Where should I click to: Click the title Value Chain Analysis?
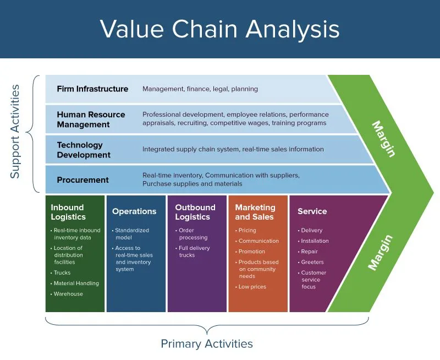click(219, 29)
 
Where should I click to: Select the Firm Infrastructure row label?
click(92, 89)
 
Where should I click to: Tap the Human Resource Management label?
click(91, 119)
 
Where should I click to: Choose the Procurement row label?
click(82, 180)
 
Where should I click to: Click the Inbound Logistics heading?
click(68, 212)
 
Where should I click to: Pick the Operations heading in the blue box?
click(134, 211)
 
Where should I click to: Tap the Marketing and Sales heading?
click(255, 212)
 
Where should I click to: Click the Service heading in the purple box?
click(312, 211)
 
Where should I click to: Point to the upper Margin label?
click(383, 139)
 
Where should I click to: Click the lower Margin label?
click(381, 253)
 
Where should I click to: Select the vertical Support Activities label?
click(15, 131)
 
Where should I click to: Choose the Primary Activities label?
click(207, 344)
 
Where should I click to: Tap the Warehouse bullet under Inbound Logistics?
click(68, 294)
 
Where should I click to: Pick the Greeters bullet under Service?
click(312, 262)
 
